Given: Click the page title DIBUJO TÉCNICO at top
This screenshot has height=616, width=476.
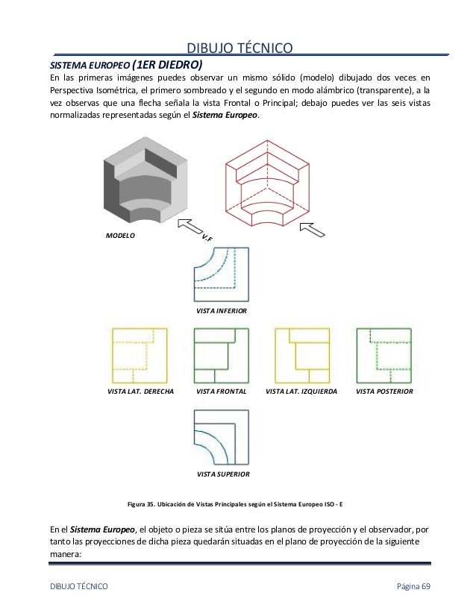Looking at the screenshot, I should coord(238,48).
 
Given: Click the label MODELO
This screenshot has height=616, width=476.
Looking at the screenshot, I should coord(120,234).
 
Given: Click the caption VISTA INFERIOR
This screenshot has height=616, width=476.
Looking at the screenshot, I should coord(222,309).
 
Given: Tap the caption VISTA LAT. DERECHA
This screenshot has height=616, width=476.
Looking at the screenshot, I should coord(141,391).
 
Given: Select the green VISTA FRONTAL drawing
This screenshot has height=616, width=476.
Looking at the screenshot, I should coord(222,356).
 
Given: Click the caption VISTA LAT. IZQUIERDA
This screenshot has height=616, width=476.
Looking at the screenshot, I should coord(301,391).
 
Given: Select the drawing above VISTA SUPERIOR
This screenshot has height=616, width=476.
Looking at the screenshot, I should coord(222,439).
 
